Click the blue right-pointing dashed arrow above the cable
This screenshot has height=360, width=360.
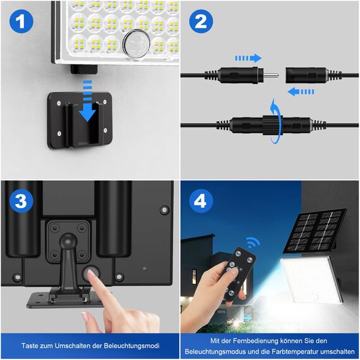248,57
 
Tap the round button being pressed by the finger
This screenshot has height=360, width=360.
90,273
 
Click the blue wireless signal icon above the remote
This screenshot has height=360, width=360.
253,243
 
